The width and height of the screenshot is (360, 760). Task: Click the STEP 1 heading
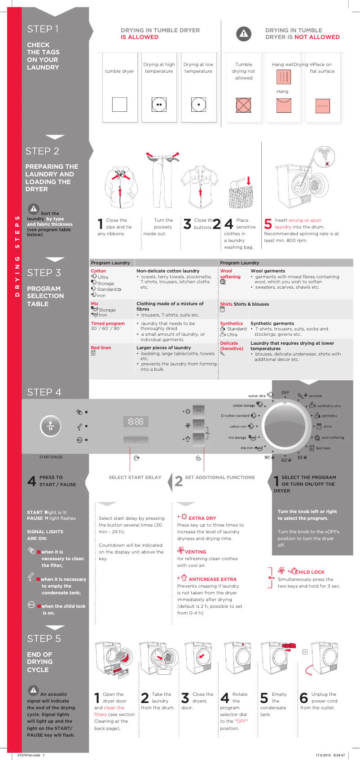[43, 29]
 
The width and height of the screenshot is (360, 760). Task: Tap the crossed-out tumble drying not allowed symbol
[243, 105]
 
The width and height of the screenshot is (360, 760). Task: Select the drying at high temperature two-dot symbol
[159, 105]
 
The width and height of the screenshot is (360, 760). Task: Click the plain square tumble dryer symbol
[119, 105]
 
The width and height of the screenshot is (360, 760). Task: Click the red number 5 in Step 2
[268, 224]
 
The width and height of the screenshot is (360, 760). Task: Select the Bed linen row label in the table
[101, 348]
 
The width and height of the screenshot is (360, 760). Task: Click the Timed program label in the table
[108, 323]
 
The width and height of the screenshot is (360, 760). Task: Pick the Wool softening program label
[230, 274]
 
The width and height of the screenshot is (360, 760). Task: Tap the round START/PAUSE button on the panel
[51, 426]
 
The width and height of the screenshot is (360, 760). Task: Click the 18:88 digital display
[136, 421]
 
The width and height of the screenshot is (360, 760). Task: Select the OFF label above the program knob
[285, 393]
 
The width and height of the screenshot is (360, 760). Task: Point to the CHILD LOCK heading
[310, 572]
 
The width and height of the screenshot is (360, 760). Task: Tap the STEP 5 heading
[44, 639]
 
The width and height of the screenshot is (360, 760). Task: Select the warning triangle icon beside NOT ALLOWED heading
[243, 34]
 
